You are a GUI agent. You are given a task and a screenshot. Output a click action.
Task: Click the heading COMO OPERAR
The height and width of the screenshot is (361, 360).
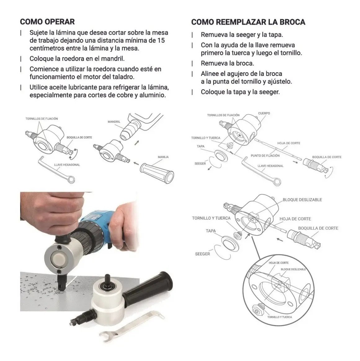pos(47,22)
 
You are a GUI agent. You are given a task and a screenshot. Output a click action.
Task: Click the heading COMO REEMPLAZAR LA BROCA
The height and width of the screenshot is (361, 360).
pos(248,22)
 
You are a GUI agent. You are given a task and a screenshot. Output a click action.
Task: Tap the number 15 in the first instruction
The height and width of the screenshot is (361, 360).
pos(161,40)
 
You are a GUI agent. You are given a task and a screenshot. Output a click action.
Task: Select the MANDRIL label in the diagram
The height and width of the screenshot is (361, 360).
pos(114,121)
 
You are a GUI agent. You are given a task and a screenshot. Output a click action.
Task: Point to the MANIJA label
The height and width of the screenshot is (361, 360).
pos(163,157)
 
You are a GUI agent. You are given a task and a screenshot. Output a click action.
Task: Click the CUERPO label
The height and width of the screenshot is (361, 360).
pos(264,113)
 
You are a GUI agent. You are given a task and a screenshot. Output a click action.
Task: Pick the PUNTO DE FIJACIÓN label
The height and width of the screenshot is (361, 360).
pos(265,156)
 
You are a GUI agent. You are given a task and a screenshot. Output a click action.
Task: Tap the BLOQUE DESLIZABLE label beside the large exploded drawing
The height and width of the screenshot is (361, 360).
pos(302,200)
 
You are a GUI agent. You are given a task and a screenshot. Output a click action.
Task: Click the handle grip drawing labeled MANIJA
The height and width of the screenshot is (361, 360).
pos(157,173)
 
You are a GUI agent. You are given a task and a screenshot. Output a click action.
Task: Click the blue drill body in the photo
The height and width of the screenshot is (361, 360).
pos(99,221)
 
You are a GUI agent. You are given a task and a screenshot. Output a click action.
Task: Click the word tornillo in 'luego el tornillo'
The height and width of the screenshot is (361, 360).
pos(291,53)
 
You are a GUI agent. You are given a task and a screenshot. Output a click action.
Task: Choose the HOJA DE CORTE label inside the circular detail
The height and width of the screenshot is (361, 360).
pos(278,263)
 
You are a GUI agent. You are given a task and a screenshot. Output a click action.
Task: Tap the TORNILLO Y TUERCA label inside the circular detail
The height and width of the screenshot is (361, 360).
pos(279,317)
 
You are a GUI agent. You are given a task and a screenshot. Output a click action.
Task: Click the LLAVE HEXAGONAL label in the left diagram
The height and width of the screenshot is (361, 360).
pos(67,165)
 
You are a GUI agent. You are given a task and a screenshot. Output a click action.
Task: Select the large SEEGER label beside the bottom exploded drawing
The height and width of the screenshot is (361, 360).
pos(202,254)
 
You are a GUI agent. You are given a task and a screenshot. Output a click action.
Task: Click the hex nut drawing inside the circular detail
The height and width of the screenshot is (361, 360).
pos(257,310)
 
